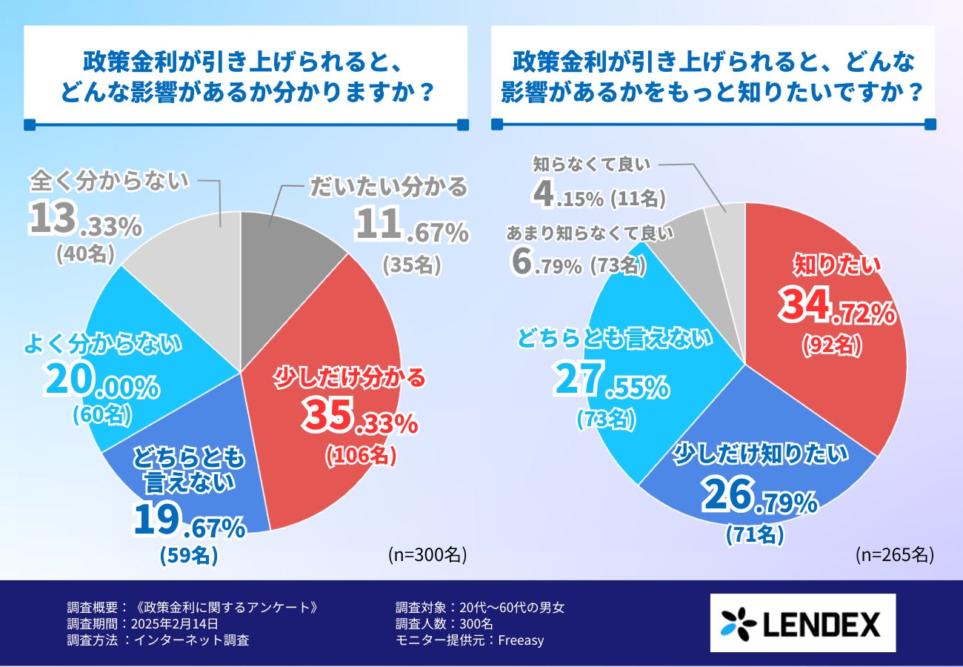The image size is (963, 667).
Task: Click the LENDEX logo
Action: coord(802,623)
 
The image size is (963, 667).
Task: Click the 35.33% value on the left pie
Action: coord(360,419)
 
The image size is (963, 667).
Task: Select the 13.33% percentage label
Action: coord(85,222)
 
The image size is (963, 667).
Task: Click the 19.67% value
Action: coord(189,522)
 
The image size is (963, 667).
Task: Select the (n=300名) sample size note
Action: coord(427,554)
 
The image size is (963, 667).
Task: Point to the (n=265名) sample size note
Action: coord(894,554)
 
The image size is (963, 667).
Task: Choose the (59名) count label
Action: coord(189,556)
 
